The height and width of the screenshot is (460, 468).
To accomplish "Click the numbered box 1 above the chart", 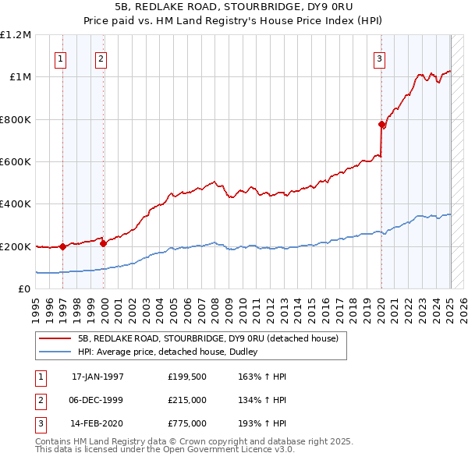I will click(61, 57).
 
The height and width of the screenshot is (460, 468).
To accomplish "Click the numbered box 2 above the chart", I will click(101, 57).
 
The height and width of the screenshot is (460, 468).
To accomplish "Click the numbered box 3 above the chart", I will click(379, 57).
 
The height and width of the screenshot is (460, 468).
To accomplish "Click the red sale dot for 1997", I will click(62, 246).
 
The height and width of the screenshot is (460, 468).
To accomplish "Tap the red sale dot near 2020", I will click(381, 125).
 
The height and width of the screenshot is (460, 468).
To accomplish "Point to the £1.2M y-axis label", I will click(16, 35).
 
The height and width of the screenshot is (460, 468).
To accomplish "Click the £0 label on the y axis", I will click(24, 289).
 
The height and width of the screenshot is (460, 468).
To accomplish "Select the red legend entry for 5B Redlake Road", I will click(207, 338).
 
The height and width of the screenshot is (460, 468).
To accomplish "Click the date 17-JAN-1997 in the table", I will click(97, 377).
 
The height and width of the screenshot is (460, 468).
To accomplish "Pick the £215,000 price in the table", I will click(186, 401).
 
